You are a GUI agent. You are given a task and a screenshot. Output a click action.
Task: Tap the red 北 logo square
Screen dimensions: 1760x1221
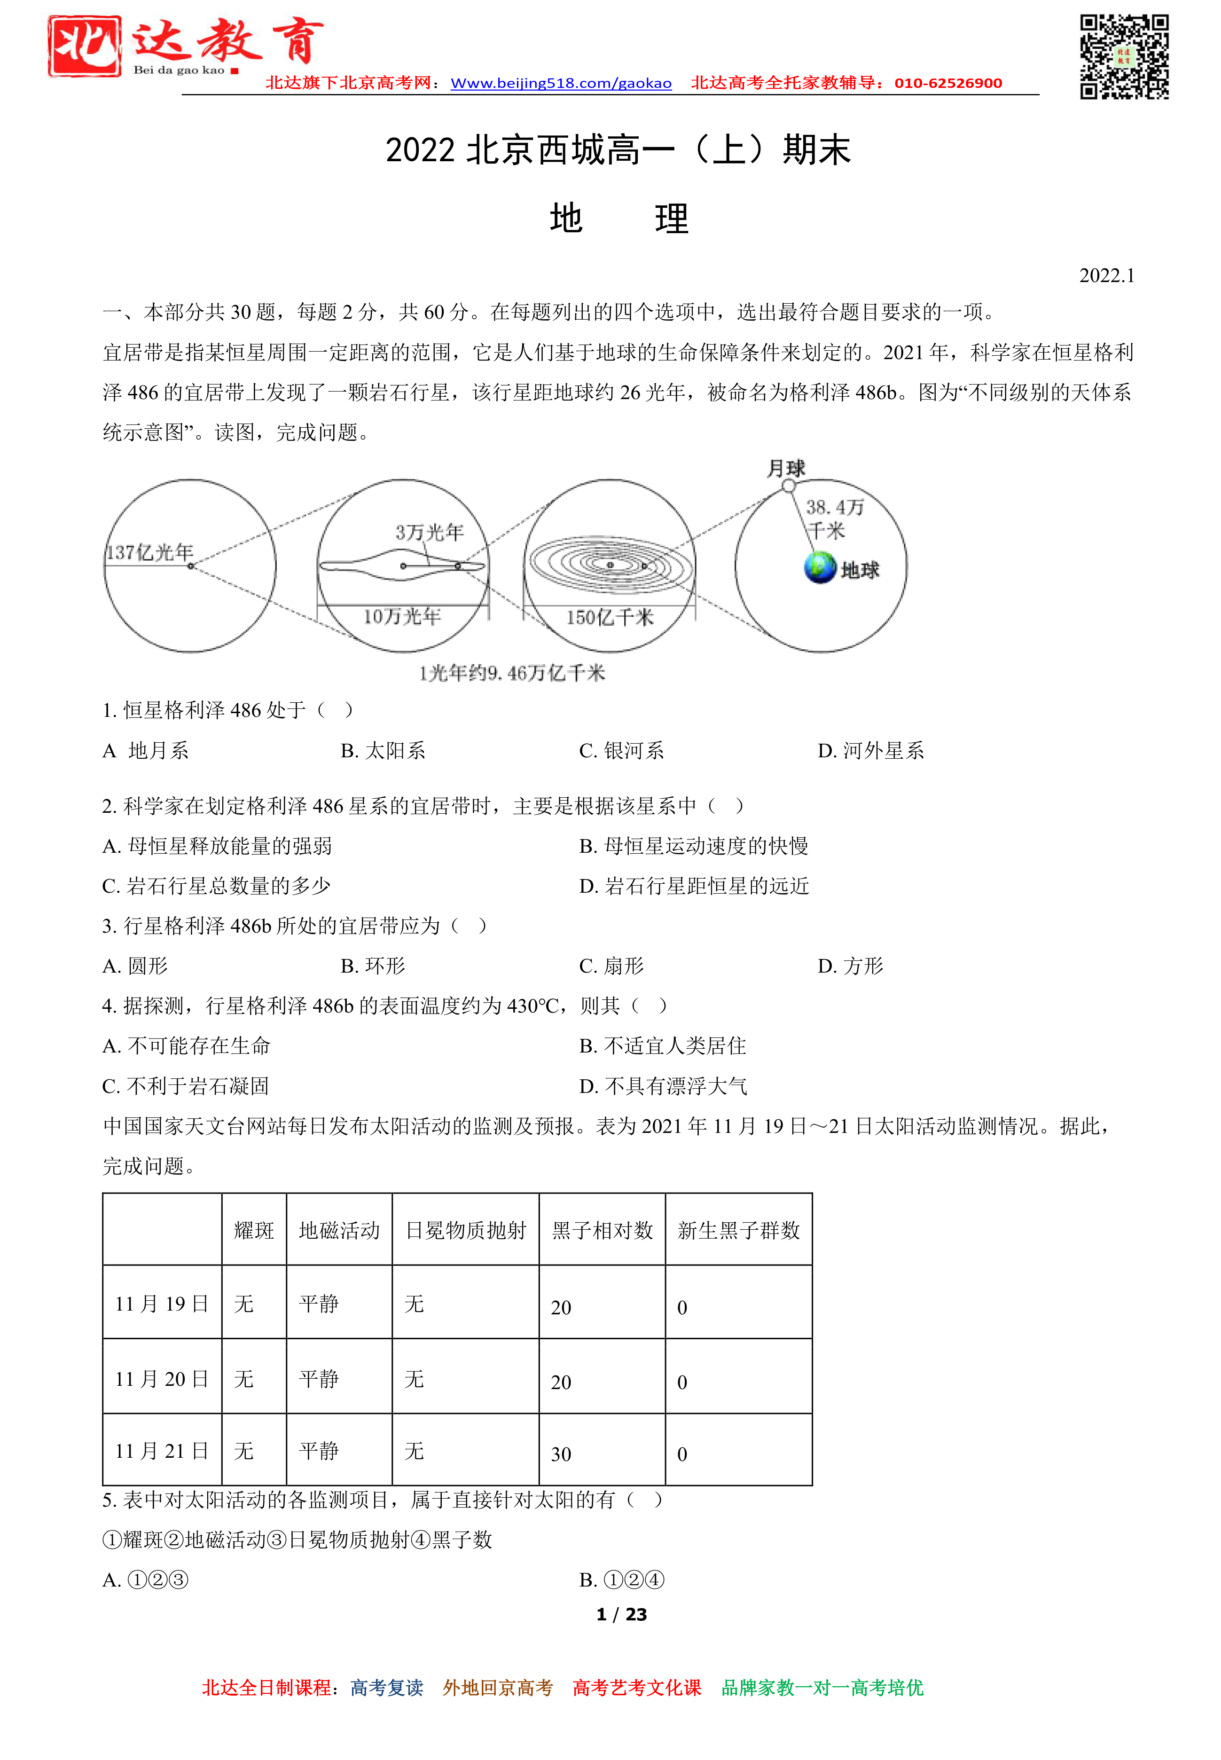84,46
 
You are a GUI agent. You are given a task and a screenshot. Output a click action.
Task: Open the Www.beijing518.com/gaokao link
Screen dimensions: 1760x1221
561,83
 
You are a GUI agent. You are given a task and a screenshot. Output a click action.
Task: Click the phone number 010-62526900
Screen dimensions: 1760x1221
948,83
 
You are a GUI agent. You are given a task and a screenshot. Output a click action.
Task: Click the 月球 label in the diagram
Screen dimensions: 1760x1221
786,468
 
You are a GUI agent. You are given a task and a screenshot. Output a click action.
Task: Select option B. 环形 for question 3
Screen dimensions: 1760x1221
373,966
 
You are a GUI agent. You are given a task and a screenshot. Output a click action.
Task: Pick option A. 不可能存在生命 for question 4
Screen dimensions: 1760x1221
187,1046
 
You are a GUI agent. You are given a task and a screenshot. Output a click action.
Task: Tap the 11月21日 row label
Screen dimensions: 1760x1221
161,1451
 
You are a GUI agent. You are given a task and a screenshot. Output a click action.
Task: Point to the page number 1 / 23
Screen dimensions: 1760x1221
621,1615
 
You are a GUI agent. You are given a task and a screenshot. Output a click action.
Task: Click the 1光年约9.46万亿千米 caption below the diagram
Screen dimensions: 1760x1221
512,673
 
